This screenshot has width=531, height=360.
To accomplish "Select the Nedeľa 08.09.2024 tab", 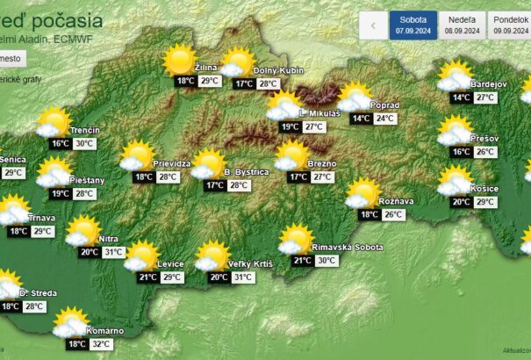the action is [462, 25].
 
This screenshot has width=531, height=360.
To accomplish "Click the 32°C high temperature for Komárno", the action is [102, 344].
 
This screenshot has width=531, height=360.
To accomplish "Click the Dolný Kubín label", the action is [278, 69].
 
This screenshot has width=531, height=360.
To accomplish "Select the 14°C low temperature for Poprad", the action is [361, 119].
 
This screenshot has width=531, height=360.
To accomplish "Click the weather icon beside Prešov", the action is [455, 132].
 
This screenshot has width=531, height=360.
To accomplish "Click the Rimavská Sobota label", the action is [349, 247].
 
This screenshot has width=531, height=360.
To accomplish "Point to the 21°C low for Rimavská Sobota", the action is [303, 261].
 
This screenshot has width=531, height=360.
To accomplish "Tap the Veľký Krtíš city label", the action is [250, 263].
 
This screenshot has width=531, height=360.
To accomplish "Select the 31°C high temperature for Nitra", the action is [114, 252].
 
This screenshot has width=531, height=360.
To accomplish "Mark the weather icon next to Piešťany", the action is [54, 173].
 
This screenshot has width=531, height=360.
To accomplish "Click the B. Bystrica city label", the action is [247, 171].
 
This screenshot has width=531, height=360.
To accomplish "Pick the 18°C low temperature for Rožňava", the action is [369, 214].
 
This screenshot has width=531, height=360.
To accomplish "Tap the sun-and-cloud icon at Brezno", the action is [291, 156].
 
